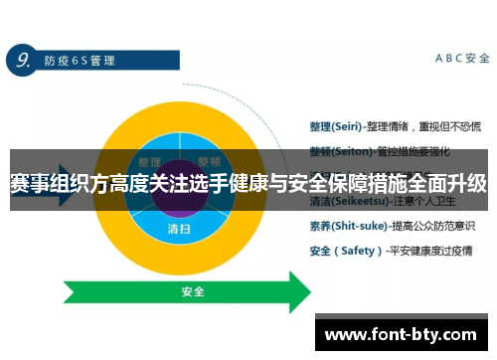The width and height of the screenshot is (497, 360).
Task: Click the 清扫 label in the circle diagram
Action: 179,227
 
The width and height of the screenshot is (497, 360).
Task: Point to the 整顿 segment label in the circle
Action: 209,162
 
